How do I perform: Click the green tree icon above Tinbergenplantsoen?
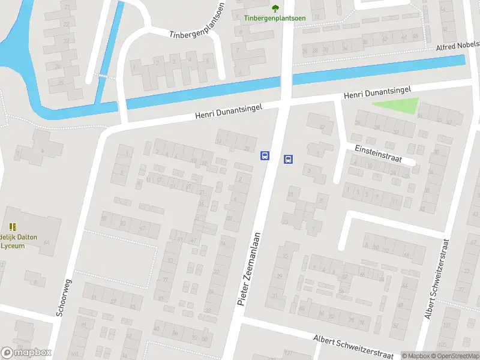275,8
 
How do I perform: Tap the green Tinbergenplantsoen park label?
275,18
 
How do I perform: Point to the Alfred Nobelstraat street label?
457,45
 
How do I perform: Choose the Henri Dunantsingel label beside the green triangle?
377,92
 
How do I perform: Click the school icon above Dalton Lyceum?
13,227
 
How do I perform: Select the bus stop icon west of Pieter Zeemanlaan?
265,155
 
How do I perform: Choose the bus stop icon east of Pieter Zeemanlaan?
288,159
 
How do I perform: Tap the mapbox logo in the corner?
26,353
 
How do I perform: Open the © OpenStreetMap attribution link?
454,356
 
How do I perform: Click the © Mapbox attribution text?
415,356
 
